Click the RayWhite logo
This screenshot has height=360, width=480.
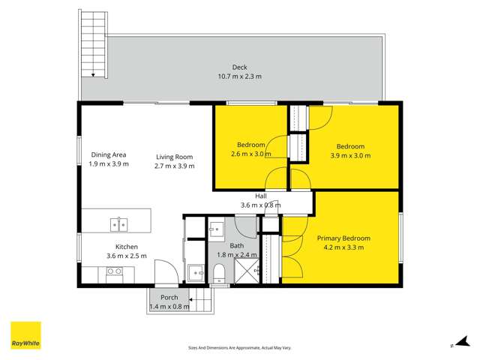(25, 335)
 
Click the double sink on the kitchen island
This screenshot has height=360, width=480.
(118, 223)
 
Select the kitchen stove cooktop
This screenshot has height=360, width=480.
(115, 276)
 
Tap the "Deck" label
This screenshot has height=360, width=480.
(239, 67)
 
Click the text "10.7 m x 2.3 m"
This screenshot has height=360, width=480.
(239, 76)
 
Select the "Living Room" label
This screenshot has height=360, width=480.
(174, 157)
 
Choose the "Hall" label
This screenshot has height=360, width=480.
(260, 196)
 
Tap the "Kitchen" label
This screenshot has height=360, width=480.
(126, 247)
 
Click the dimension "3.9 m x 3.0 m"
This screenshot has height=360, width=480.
(350, 155)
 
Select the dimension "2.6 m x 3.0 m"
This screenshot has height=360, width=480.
(250, 154)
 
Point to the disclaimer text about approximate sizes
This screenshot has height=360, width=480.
(239, 347)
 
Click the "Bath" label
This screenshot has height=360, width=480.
(237, 245)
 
